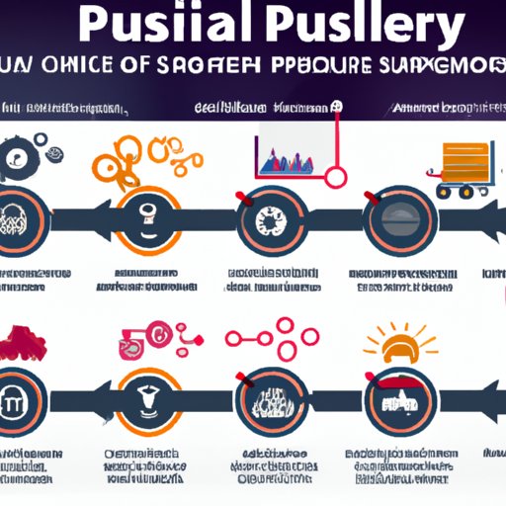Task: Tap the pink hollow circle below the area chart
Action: [336, 178]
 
